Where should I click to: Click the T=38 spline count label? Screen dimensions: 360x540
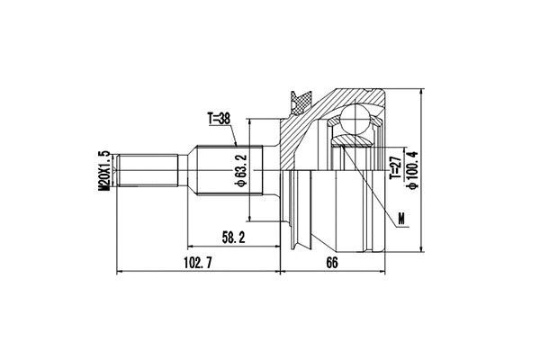coord(220,117)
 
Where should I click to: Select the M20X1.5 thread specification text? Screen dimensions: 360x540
coord(104,170)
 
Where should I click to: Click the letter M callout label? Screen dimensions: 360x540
coord(400,217)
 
